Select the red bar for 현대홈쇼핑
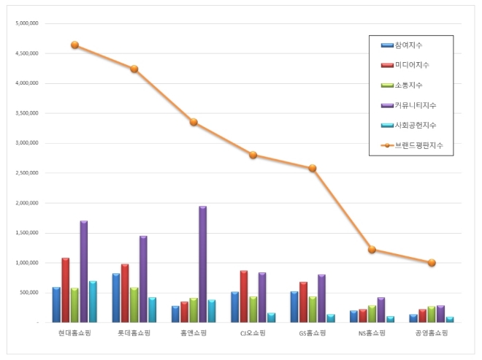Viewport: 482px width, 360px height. coord(66,290)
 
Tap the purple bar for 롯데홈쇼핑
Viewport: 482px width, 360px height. coord(143,279)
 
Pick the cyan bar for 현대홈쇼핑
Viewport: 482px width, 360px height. coord(93,302)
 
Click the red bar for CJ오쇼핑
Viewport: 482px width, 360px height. coord(244,296)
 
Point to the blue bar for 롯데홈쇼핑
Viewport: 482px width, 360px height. coord(116,298)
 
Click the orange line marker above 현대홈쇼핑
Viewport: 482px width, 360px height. coord(74,45)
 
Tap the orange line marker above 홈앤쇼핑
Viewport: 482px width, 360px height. coord(194,122)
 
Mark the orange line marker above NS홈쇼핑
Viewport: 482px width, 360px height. coord(372,250)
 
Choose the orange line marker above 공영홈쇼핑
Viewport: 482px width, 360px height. coord(432,263)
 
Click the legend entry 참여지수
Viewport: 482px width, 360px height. coord(408,45)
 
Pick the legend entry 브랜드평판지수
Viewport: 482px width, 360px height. coord(418,145)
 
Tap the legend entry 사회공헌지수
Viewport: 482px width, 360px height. coord(415,125)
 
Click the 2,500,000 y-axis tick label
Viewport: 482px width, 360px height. coord(27,173)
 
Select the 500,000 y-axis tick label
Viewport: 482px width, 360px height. coord(29,293)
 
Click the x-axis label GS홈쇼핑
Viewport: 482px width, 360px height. coord(313,333)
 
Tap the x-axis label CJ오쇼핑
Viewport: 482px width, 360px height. coord(253,333)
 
